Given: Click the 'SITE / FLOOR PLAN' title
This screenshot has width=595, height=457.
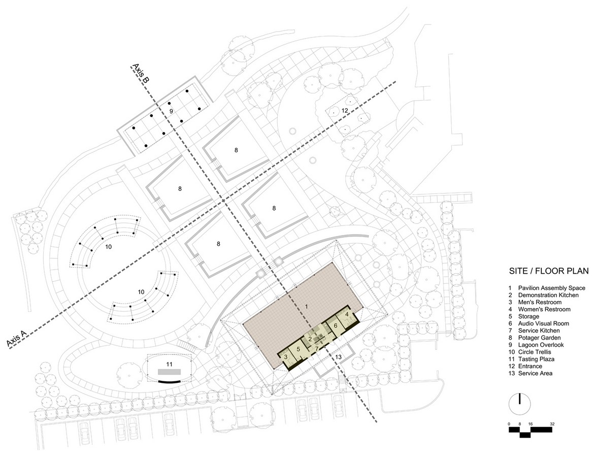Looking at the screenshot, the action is click(x=549, y=271).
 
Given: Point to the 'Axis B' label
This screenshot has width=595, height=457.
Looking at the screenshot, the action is click(x=141, y=74).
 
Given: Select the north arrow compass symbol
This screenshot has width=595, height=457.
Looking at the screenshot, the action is click(x=519, y=404).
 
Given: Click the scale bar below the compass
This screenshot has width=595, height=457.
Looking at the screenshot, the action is click(x=530, y=432).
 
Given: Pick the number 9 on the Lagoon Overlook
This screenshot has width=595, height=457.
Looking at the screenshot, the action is click(x=171, y=111).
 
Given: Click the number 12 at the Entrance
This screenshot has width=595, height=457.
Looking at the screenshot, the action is click(x=345, y=111).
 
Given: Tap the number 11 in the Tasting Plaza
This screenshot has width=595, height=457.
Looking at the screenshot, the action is click(x=169, y=364).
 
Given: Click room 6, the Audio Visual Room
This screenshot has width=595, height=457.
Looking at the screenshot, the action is click(x=336, y=325).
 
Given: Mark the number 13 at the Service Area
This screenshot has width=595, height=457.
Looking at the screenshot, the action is click(x=338, y=357).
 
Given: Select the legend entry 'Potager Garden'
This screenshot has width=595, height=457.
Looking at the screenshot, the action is click(x=539, y=338).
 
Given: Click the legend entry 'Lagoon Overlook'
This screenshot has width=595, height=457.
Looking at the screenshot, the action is click(x=541, y=345).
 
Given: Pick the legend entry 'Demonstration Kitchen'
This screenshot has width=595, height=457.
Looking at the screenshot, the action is click(x=548, y=296).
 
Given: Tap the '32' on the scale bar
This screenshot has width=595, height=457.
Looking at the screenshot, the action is click(x=552, y=423).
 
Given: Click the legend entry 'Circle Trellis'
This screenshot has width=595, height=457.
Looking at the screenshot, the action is click(x=534, y=352).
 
